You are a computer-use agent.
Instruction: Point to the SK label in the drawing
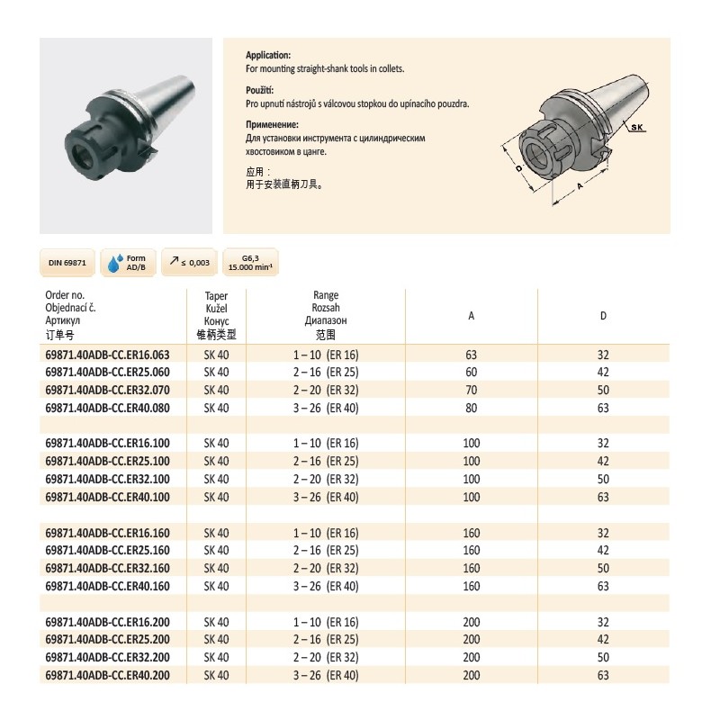click(x=637, y=128)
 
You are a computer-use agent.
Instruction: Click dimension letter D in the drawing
click(x=519, y=167)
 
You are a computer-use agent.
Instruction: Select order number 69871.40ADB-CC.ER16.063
click(x=107, y=355)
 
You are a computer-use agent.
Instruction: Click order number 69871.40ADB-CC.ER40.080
click(x=107, y=407)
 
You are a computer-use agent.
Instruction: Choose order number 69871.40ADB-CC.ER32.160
click(x=107, y=568)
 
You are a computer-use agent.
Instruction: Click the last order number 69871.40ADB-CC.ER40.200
click(x=107, y=674)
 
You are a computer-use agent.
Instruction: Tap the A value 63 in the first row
click(x=472, y=355)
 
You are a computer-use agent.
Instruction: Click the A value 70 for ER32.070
click(x=472, y=390)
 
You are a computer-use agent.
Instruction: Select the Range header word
click(x=326, y=295)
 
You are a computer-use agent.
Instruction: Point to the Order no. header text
click(x=64, y=295)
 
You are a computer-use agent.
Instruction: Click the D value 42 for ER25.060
click(x=604, y=373)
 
